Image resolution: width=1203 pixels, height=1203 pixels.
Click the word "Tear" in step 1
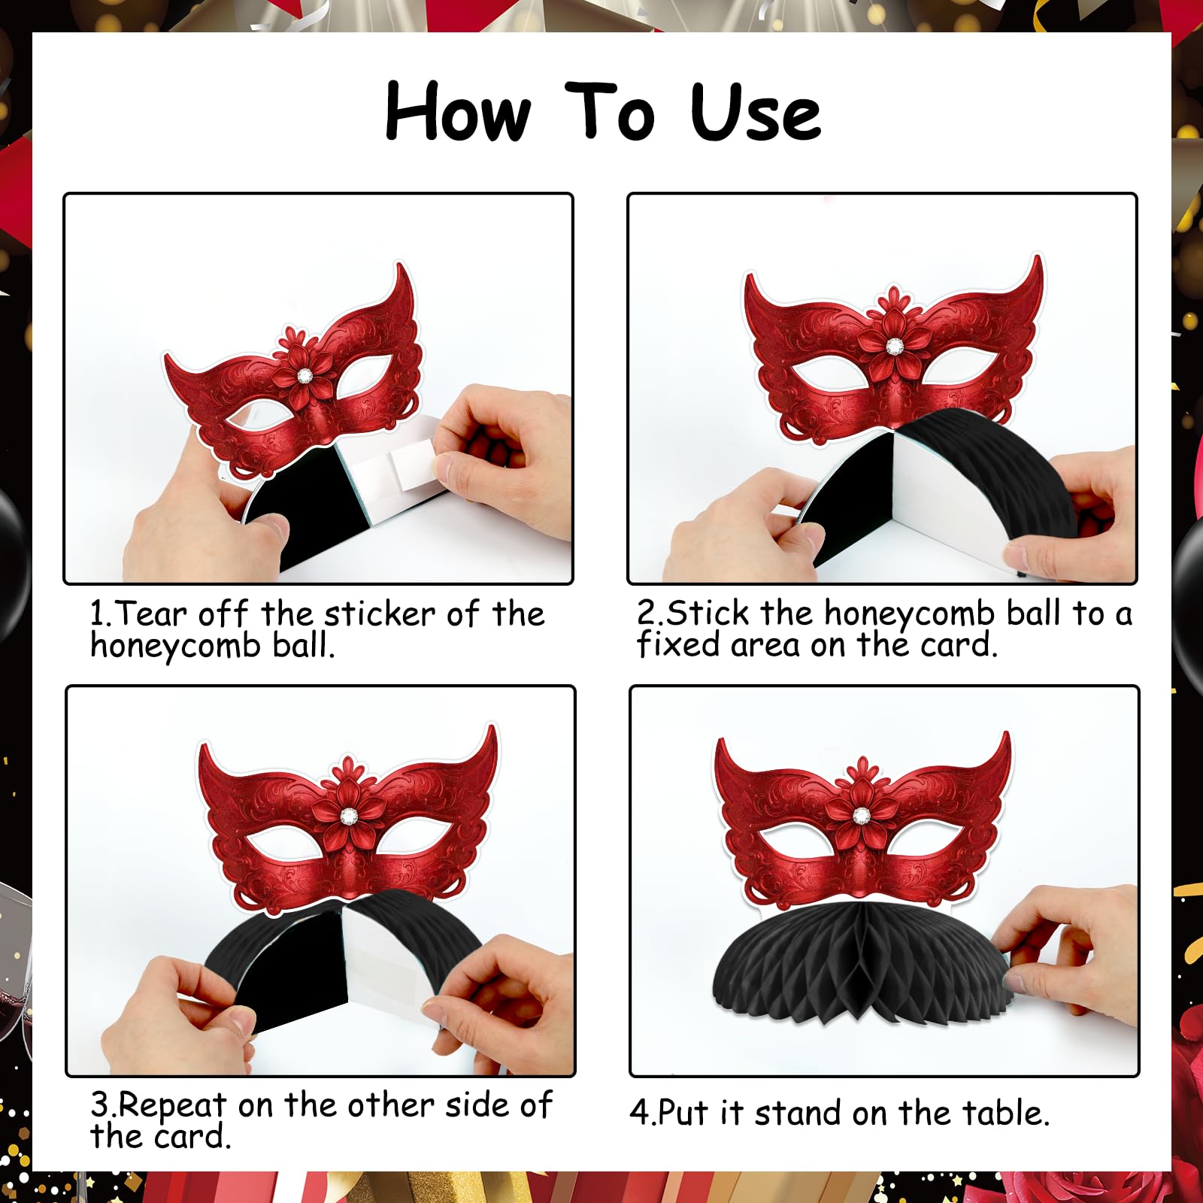(x=152, y=614)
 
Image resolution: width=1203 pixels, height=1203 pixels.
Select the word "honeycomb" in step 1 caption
(x=176, y=646)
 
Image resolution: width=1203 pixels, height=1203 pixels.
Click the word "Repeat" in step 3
(x=172, y=1106)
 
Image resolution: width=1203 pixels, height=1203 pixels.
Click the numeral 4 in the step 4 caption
(x=638, y=1114)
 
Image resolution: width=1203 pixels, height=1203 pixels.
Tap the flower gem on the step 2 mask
(x=894, y=346)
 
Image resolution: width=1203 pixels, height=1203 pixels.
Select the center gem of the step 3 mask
(x=348, y=815)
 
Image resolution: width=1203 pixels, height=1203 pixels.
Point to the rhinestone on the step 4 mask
(x=861, y=814)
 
